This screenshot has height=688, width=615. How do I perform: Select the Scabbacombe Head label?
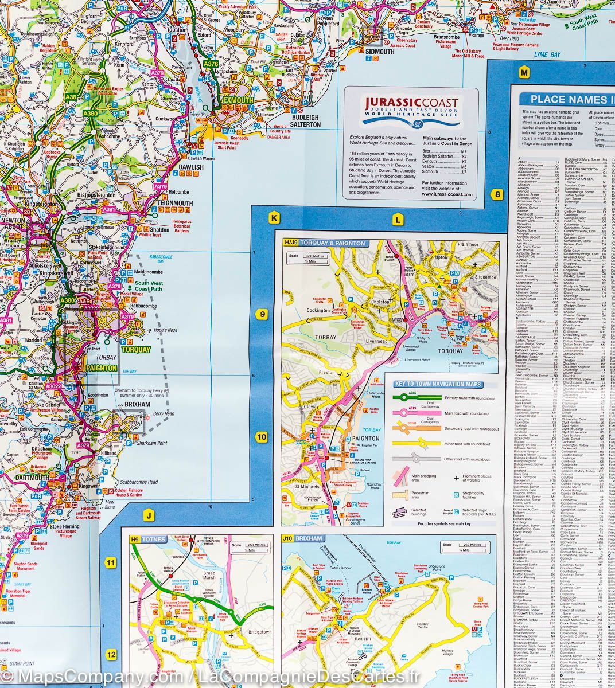(x=135, y=482)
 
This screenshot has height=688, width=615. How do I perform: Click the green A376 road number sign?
(x=211, y=64)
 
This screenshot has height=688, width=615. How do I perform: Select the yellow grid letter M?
(x=523, y=72)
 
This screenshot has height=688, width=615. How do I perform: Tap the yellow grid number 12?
(x=111, y=654)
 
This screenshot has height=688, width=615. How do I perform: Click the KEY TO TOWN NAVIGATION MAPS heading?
(x=437, y=384)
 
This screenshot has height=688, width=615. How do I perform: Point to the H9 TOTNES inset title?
(x=147, y=540)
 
